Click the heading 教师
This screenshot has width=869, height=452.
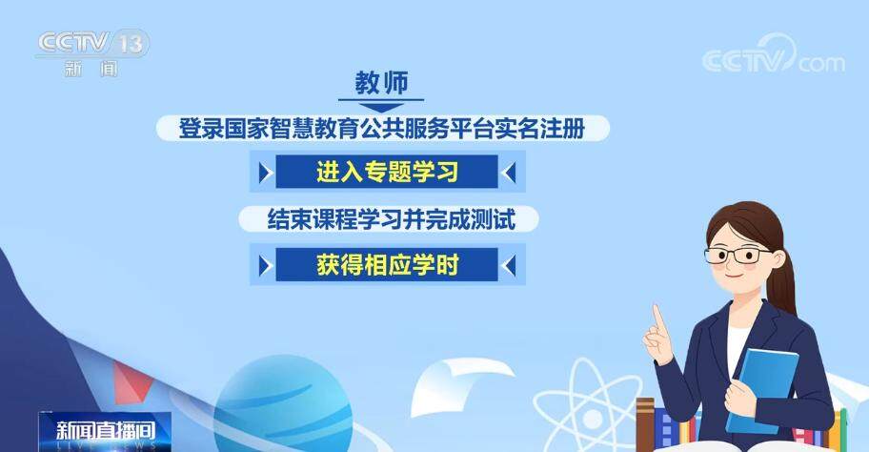(381, 83)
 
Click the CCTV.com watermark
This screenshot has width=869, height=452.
(773, 55)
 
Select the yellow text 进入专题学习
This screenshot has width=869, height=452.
(388, 172)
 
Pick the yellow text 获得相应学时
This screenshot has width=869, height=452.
(388, 264)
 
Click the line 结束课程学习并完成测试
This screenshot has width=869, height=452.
(391, 219)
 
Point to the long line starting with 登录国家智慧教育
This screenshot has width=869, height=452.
(382, 128)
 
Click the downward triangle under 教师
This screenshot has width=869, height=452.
(381, 108)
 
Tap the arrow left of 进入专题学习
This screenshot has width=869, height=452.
(266, 173)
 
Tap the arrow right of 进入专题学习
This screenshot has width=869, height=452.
(509, 173)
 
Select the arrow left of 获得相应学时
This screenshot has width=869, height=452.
(266, 266)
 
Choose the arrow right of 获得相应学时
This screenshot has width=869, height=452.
(509, 266)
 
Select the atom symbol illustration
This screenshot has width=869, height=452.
(589, 405)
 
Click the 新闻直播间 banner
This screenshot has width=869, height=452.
(105, 431)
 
